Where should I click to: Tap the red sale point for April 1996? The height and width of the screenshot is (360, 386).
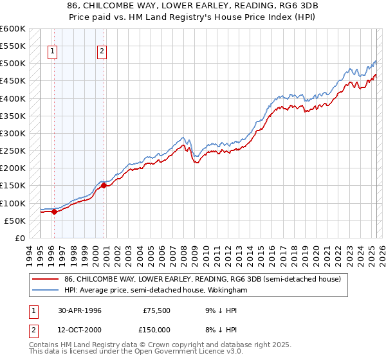54,212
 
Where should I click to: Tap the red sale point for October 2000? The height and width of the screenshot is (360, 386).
104,186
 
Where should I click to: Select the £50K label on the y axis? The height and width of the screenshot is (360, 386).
14,221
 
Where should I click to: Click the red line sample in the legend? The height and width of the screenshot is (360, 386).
46,279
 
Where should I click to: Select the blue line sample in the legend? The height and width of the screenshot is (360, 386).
46,290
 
